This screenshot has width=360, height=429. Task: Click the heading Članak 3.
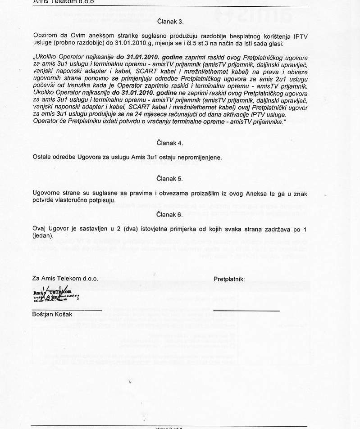click(170, 21)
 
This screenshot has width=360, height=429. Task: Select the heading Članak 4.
click(170, 143)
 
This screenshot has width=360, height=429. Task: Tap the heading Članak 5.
click(170, 179)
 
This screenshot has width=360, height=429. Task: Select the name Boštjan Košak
click(52, 314)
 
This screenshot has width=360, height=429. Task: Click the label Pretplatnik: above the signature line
click(229, 279)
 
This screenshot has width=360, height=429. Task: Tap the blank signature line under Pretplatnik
click(246, 311)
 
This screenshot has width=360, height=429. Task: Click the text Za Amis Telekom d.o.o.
click(65, 279)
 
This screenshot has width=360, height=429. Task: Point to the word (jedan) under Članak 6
click(43, 235)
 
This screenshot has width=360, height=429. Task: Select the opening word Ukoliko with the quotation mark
click(46, 58)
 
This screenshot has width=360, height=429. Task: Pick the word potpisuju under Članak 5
click(101, 200)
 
